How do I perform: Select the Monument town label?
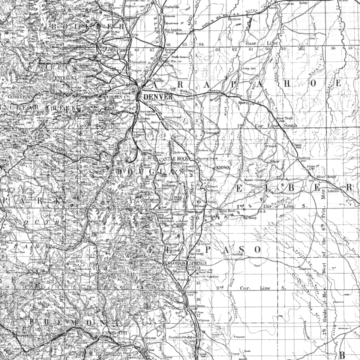pos(165,218)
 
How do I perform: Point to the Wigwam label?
pos(204,321)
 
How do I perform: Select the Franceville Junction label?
pos(204,277)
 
